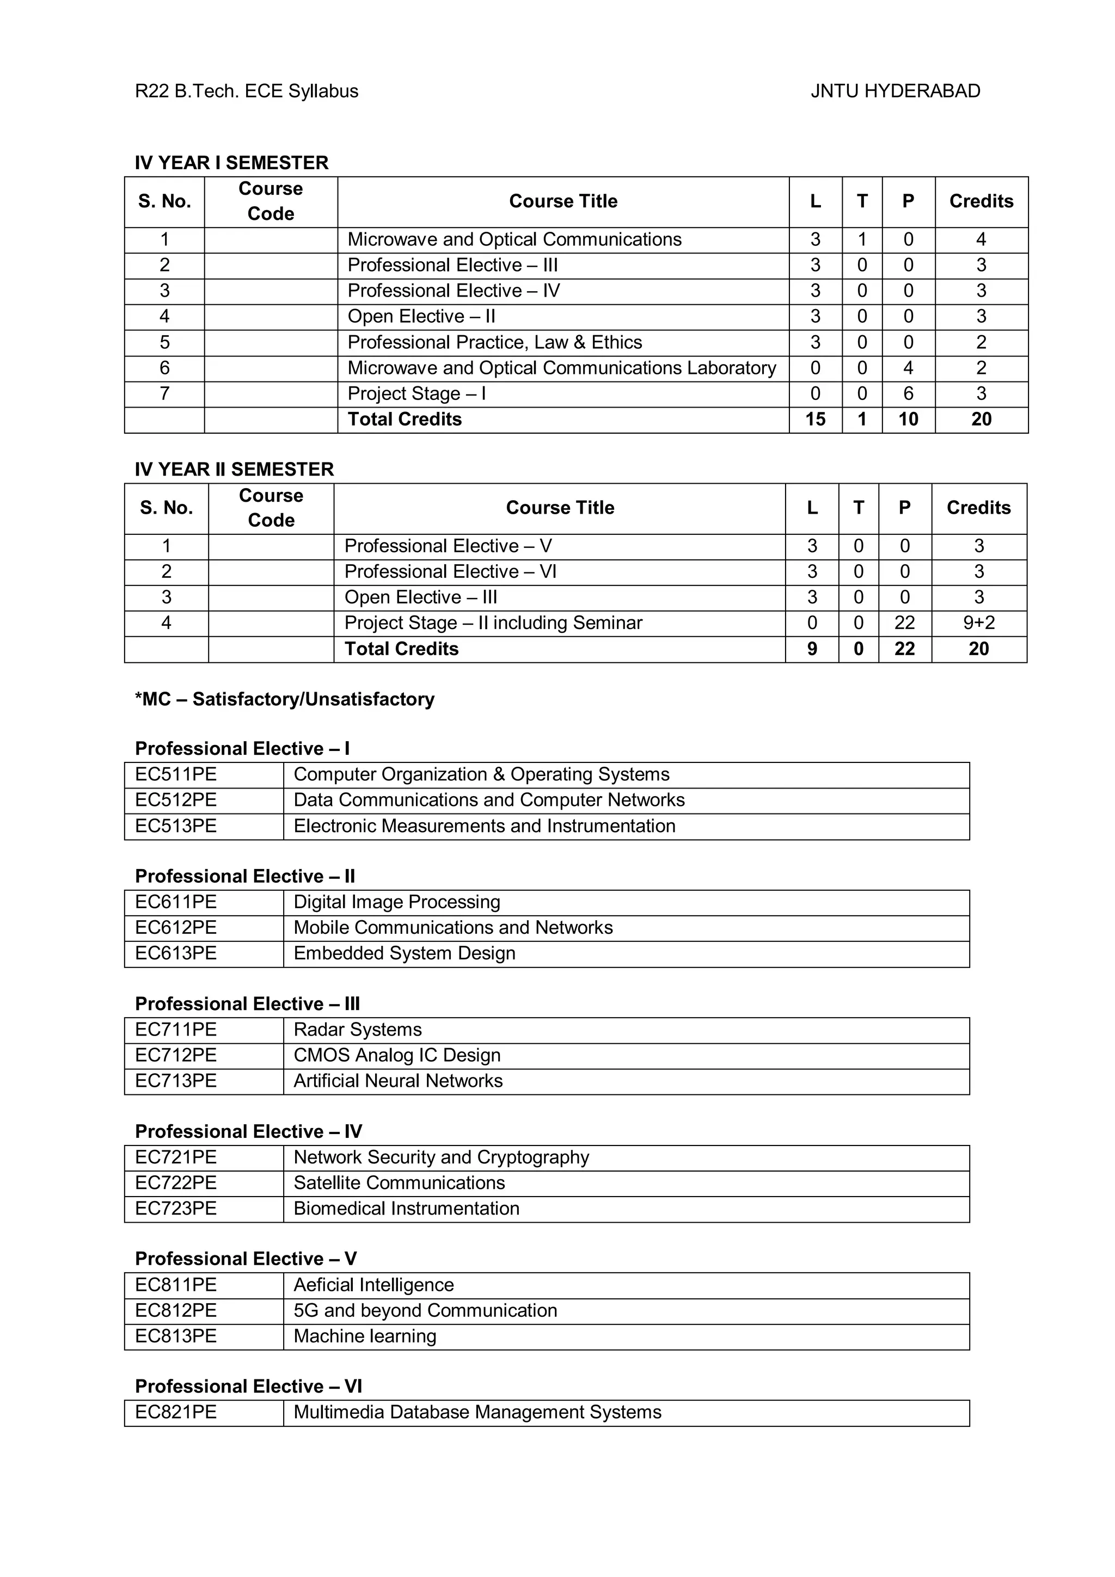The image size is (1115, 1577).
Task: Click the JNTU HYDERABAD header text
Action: click(895, 91)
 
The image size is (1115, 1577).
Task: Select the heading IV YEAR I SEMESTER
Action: click(231, 163)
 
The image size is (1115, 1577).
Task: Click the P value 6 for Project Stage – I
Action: click(908, 393)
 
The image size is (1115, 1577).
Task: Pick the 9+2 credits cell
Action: click(978, 623)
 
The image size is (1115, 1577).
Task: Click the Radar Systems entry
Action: click(357, 1030)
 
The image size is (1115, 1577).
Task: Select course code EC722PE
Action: click(176, 1183)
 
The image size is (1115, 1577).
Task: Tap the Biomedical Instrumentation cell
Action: click(406, 1208)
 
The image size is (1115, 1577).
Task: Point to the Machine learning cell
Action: click(365, 1336)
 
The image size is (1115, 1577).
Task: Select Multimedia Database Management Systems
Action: click(477, 1412)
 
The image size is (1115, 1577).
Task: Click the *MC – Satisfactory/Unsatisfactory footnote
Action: click(284, 699)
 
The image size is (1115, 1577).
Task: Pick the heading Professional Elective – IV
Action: click(248, 1131)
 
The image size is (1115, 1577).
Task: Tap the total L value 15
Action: click(815, 419)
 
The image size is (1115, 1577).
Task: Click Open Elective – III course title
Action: click(420, 597)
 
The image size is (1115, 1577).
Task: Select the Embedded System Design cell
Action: click(404, 953)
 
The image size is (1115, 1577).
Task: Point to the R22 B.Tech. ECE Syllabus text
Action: click(247, 91)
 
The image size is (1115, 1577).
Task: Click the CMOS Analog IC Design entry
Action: click(396, 1055)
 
